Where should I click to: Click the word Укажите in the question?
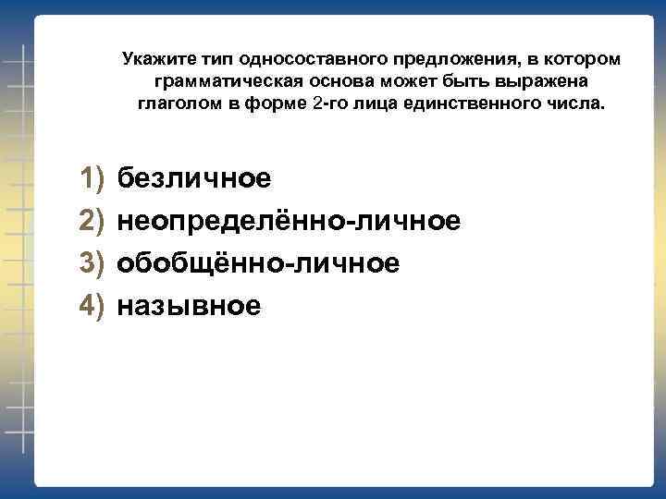click(x=154, y=60)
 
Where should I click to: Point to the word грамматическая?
click(x=218, y=81)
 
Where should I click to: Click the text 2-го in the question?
click(x=331, y=103)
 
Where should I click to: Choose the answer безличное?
click(x=194, y=176)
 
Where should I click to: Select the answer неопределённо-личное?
click(x=289, y=220)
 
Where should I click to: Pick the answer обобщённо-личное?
click(x=258, y=263)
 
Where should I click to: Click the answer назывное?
click(x=189, y=306)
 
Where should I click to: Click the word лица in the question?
click(x=383, y=103)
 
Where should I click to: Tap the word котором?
click(x=588, y=60)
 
